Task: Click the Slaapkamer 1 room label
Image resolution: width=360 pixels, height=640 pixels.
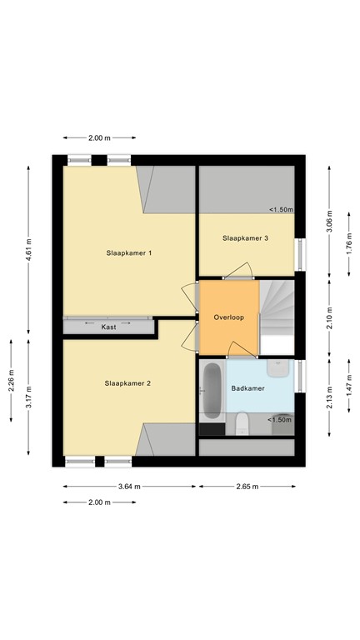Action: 128,252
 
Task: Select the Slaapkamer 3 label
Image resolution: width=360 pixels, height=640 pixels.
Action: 245,238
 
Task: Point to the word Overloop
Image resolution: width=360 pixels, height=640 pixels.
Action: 227,317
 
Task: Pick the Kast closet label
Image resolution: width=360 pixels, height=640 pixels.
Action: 108,327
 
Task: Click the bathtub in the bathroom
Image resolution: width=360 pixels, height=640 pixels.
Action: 212,390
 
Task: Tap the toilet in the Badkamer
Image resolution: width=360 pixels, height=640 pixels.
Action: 242,423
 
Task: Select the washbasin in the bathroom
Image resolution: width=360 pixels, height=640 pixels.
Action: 277,367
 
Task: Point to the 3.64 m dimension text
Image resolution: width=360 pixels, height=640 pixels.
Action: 128,486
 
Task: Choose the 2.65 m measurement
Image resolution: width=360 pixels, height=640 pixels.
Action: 246,486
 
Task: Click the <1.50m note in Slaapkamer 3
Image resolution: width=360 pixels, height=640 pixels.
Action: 280,210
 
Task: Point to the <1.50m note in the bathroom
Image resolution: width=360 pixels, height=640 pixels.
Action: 279,420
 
